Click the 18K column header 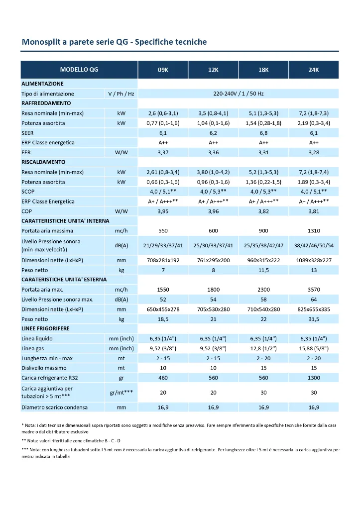(x=263, y=70)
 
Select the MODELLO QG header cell (x=79, y=70)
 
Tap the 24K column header (x=314, y=70)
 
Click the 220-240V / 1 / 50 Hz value (x=238, y=94)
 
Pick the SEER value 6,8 (x=263, y=133)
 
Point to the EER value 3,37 (x=163, y=152)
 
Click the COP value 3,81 (x=314, y=211)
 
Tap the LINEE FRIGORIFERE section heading (x=45, y=329)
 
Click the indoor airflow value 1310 (x=314, y=231)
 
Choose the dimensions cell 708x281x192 (x=163, y=260)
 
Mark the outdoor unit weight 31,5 (x=314, y=319)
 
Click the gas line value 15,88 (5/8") (x=314, y=348)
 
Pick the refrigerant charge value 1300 (x=314, y=378)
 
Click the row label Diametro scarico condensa (x=54, y=407)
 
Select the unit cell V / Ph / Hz (x=121, y=94)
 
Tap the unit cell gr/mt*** (x=121, y=393)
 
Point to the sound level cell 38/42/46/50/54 (x=314, y=245)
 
